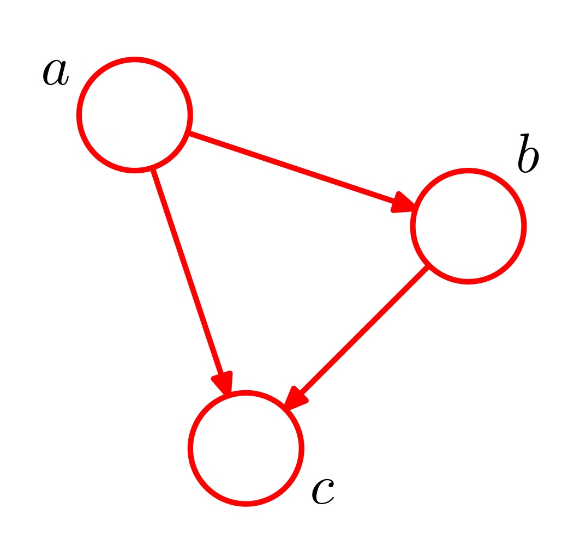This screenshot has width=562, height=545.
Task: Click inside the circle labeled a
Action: tap(134, 115)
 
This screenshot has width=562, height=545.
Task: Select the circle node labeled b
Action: tap(468, 226)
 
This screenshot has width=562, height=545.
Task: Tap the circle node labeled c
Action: tap(246, 448)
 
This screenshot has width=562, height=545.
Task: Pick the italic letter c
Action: tap(322, 492)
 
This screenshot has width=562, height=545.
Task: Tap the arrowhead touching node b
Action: tap(404, 203)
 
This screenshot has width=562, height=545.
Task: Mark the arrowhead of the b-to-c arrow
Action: tap(295, 398)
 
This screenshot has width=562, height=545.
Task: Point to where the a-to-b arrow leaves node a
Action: tap(189, 134)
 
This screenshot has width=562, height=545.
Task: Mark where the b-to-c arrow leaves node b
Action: tap(427, 267)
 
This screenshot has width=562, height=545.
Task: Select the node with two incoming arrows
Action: tap(246, 448)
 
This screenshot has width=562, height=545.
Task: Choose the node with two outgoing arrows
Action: tap(134, 115)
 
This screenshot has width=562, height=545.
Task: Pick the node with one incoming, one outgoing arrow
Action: tap(468, 226)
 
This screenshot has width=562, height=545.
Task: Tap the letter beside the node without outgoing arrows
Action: tap(322, 492)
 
